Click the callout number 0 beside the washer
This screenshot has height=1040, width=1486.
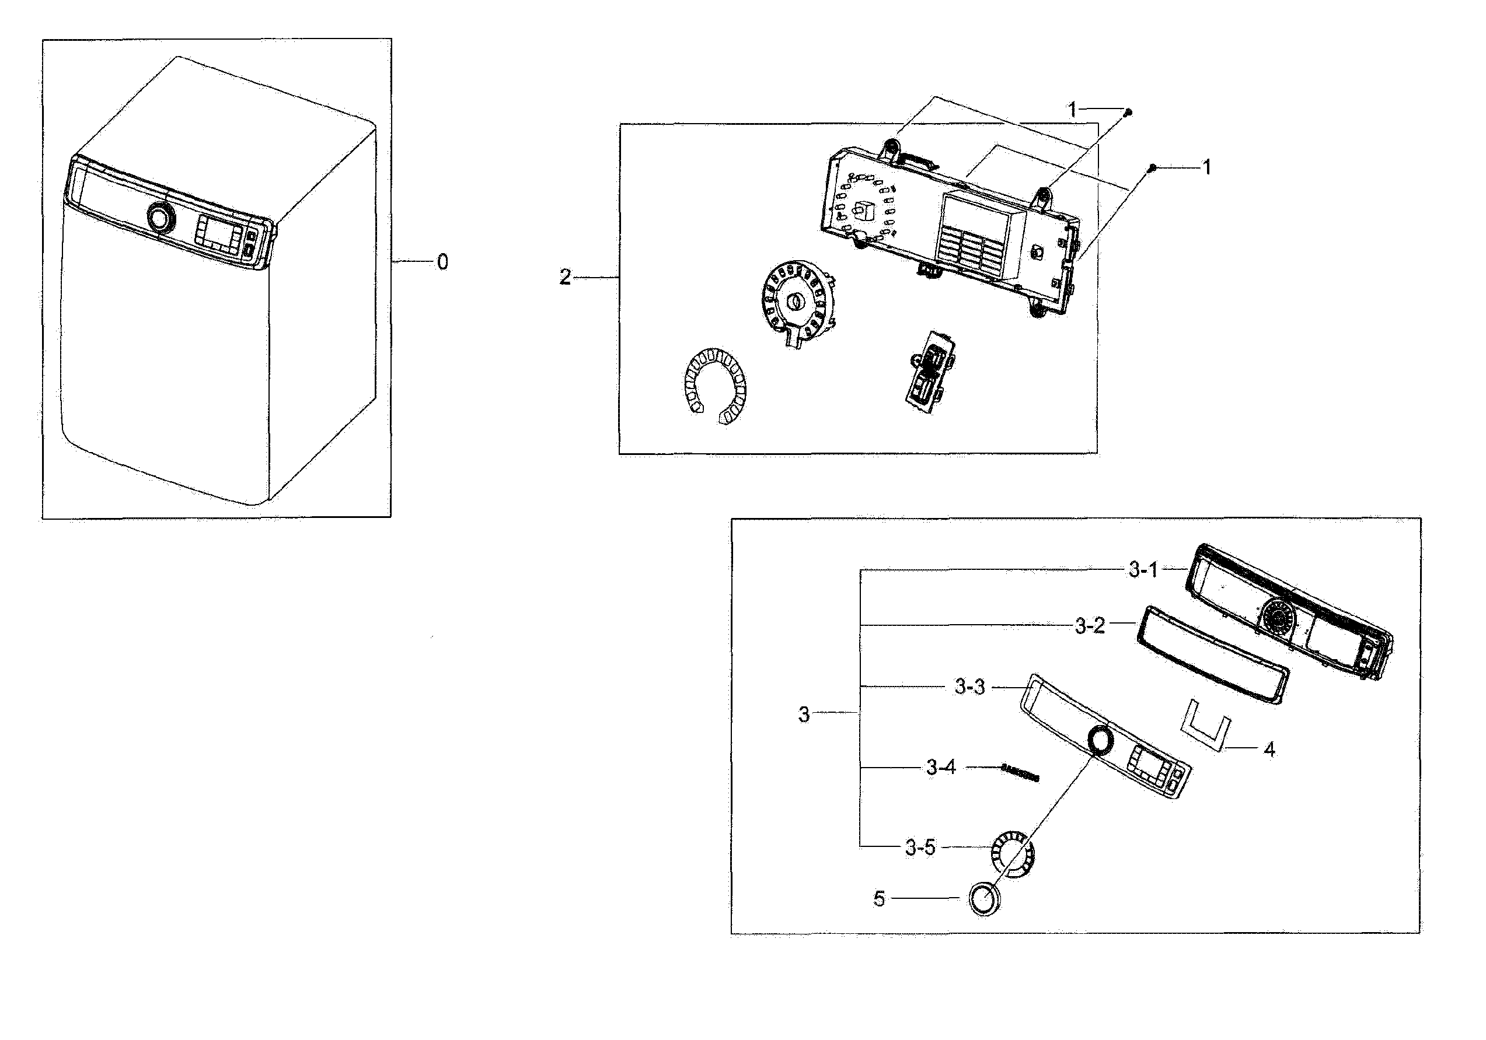[x=442, y=262]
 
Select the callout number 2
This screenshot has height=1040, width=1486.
[x=565, y=278]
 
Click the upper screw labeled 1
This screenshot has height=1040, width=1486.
[x=1128, y=113]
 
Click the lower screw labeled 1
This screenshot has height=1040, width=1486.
[x=1152, y=168]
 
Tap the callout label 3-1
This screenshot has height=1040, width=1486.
[x=1143, y=570]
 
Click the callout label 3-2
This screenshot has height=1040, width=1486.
[x=1090, y=626]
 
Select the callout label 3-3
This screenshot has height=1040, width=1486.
[x=969, y=687]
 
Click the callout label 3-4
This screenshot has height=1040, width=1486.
[x=940, y=768]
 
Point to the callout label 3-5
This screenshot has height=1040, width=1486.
[x=920, y=848]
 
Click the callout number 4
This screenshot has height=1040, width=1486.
[x=1269, y=750]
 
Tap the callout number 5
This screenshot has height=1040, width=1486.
[x=879, y=898]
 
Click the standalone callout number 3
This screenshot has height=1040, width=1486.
[x=803, y=715]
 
